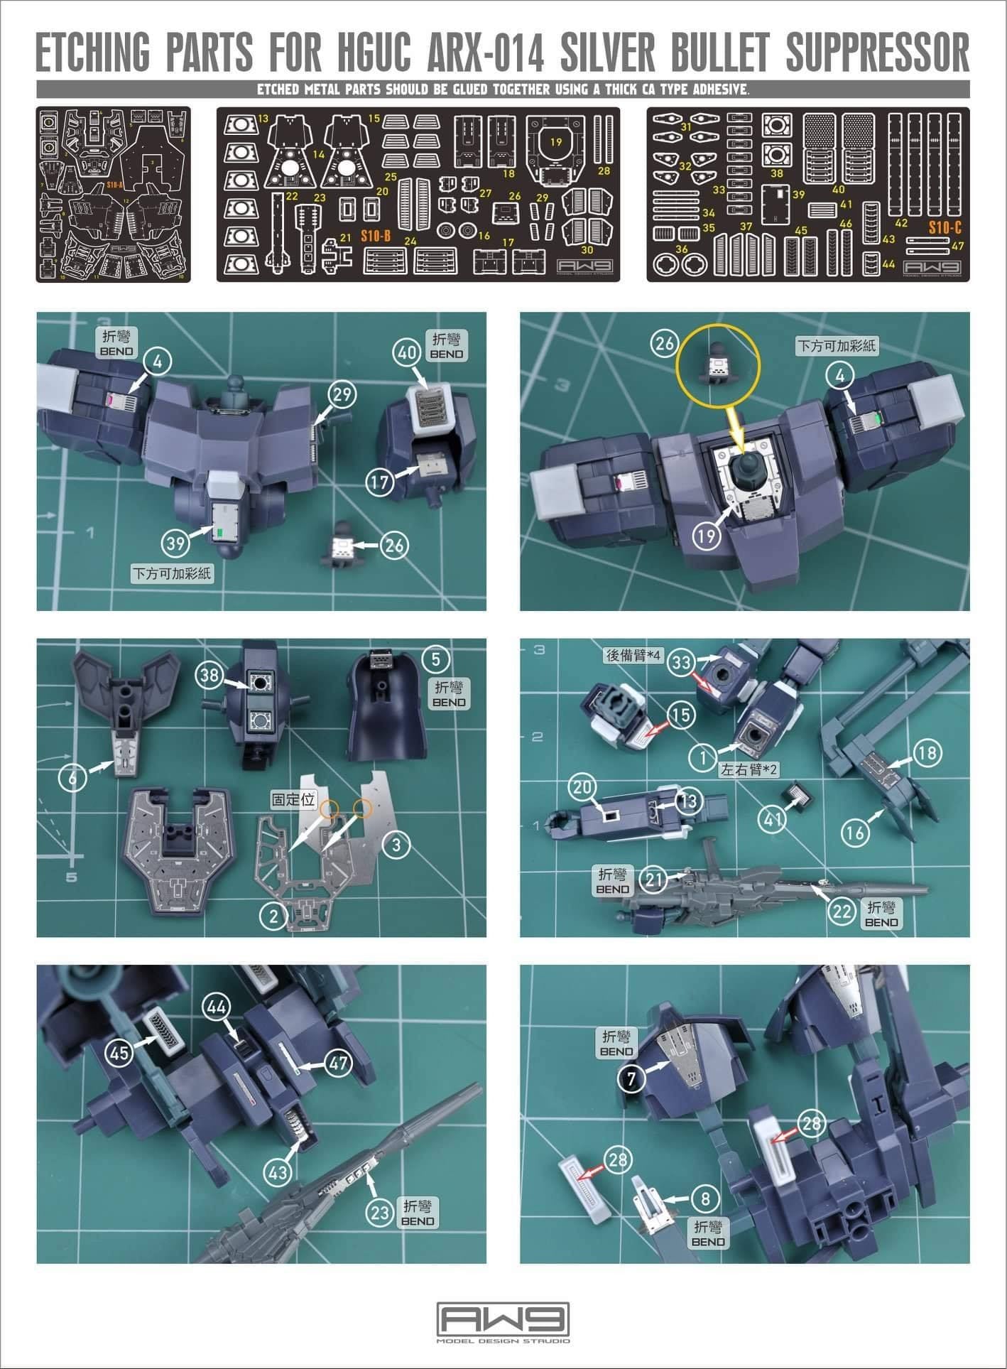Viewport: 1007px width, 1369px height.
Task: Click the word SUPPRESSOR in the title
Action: tap(878, 51)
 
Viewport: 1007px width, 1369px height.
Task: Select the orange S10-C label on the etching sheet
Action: tap(945, 227)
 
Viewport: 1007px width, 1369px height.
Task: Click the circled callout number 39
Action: tap(175, 543)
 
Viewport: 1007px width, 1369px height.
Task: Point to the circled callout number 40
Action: tap(406, 353)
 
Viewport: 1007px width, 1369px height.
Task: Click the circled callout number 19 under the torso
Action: tap(706, 536)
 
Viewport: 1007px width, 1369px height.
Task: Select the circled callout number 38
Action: tap(209, 675)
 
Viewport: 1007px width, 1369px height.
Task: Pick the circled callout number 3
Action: tap(396, 844)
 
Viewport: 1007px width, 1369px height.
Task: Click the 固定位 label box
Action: tap(293, 799)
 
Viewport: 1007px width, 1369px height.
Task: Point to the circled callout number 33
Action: tap(682, 662)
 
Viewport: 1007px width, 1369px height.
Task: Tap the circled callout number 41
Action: tap(773, 819)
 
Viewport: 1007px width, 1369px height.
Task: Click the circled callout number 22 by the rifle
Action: tap(842, 911)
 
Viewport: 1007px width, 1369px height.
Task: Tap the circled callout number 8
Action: tap(704, 1199)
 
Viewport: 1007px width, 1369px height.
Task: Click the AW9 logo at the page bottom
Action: tap(503, 1319)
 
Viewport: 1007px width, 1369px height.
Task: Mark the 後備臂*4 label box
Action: tap(631, 655)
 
